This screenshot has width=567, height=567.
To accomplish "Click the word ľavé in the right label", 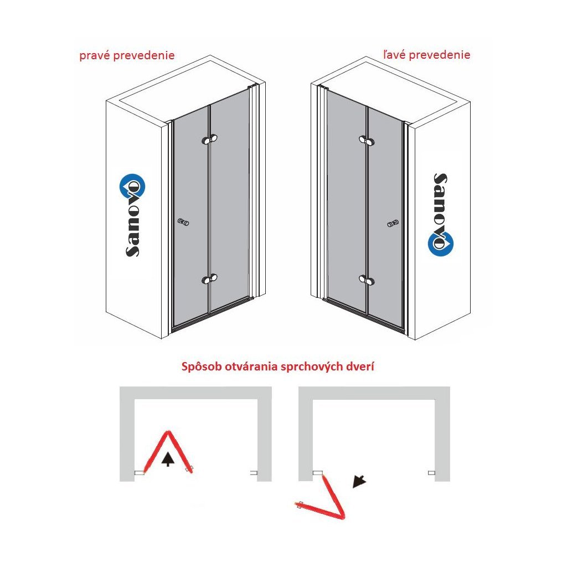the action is (x=394, y=55).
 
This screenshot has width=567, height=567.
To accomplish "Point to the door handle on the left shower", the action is (x=183, y=222).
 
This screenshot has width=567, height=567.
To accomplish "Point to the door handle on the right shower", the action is (x=393, y=224).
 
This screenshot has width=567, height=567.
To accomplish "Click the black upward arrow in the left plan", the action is (x=167, y=459).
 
